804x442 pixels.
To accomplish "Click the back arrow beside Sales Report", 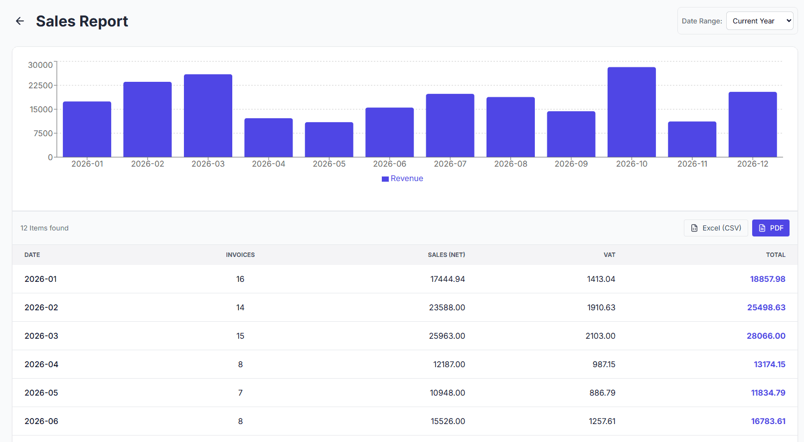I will coord(20,21).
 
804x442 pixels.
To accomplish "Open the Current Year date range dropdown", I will coord(759,21).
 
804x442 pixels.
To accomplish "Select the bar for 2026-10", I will coord(632,112).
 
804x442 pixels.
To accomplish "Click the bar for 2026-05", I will coord(329,140).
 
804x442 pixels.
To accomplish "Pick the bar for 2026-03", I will coord(208,116).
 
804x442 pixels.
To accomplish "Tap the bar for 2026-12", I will coord(753,125).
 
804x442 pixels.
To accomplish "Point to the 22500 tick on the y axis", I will coord(40,85).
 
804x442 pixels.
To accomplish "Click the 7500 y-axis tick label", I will coord(43,133).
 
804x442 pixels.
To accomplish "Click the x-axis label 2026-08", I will coord(510,164).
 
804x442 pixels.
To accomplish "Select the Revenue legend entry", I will coord(402,179).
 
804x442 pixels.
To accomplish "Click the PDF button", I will coord(771,228).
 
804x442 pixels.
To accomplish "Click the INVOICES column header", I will coord(240,255).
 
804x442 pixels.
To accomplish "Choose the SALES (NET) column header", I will coord(446,255).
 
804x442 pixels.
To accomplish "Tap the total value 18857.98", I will coord(767,279).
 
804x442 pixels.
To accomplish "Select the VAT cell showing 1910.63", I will coord(601,307).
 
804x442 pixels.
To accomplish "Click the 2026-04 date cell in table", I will coord(41,364).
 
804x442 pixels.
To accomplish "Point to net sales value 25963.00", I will coord(447,336).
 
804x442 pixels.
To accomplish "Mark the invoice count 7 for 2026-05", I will coord(240,393).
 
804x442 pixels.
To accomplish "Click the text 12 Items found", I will coord(44,228).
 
